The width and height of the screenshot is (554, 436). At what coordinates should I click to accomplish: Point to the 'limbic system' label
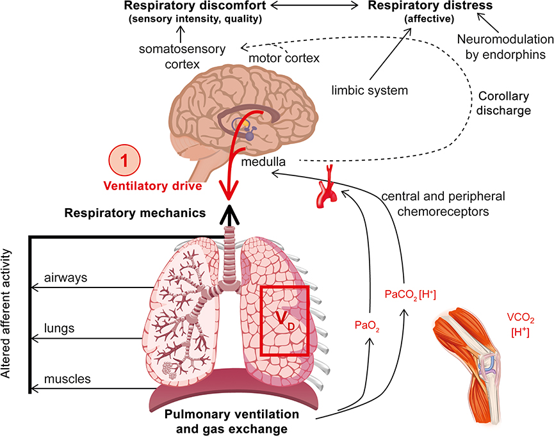click(370, 90)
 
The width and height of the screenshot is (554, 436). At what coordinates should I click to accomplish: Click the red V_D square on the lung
click(285, 320)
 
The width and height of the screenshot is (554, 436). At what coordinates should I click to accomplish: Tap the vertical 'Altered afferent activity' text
click(9, 314)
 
